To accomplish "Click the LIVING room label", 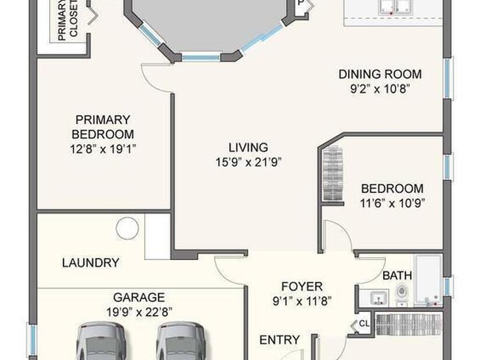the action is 248,147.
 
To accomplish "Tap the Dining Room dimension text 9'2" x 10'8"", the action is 380,89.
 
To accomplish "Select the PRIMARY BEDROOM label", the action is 103,127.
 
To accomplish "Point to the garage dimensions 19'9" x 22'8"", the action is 139,312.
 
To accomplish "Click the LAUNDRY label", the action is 90,262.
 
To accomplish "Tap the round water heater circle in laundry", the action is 127,228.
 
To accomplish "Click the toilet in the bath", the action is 401,293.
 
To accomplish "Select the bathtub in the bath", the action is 428,280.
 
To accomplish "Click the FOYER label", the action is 302,287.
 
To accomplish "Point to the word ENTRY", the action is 279,340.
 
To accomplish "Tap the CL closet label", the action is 364,323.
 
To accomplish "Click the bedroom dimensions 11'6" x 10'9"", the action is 392,203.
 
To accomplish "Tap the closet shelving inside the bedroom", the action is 332,173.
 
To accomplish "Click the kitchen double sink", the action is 395,7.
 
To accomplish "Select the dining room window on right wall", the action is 448,78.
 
